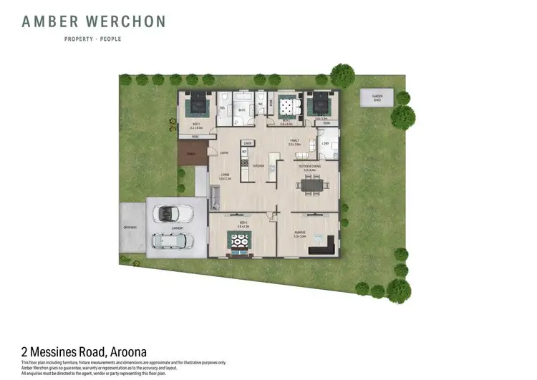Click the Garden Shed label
[x=377, y=97]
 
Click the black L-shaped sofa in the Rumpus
[x=324, y=247]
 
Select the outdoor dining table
[x=311, y=185]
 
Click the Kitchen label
[x=260, y=165]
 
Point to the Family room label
[x=294, y=141]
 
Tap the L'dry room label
[x=324, y=143]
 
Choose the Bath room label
[x=242, y=110]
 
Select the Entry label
[x=224, y=152]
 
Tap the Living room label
[x=224, y=176]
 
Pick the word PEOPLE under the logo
[x=112, y=39]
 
